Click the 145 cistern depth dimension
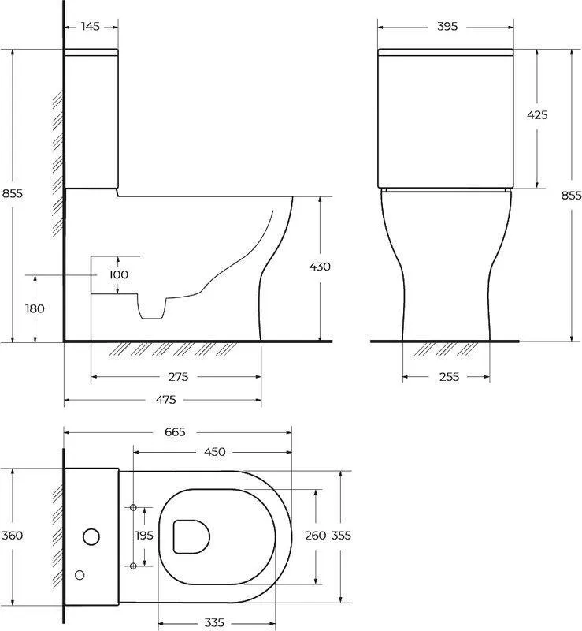point(90,27)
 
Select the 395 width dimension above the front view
point(447,27)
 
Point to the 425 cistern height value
point(537,115)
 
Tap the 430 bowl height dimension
point(320,267)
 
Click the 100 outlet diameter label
point(119,274)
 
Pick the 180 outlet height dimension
point(35,308)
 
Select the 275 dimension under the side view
point(178,377)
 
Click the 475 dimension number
point(165,400)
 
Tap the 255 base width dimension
point(449,377)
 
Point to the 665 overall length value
point(175,431)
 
